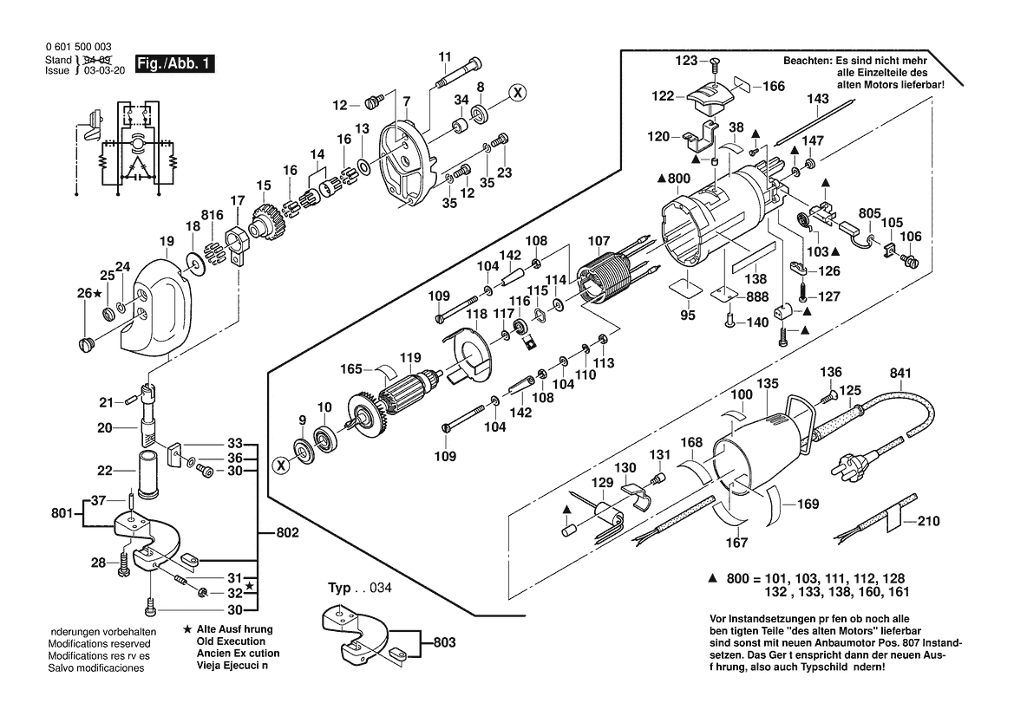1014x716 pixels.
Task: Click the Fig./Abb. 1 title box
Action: [x=173, y=64]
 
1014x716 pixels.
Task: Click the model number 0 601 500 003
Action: [x=77, y=48]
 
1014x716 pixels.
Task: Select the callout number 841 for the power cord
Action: [x=902, y=374]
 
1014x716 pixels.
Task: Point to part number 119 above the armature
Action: [x=409, y=357]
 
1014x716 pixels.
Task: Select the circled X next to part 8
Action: [x=516, y=91]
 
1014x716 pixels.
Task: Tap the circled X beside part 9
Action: [x=281, y=465]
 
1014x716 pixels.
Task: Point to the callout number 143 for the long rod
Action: [x=818, y=100]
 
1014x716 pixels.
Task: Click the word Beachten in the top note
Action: [x=808, y=62]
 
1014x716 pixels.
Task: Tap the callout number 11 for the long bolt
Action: [x=444, y=57]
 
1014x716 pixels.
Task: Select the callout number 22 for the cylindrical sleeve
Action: [x=105, y=471]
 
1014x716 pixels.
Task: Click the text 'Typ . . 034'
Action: [x=359, y=589]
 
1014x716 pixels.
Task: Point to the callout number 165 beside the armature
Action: [x=350, y=369]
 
